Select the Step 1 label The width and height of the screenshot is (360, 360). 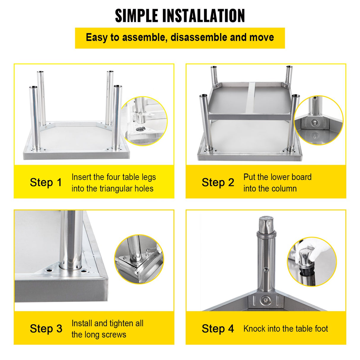[x=46, y=182]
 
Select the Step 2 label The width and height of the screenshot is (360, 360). [x=218, y=182]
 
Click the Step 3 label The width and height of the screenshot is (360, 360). [x=46, y=329]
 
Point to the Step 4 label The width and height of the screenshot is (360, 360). [x=218, y=329]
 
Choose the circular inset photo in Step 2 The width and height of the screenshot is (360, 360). [x=318, y=120]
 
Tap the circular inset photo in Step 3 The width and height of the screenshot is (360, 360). [x=139, y=259]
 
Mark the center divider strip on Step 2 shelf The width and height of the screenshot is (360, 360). [x=250, y=98]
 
